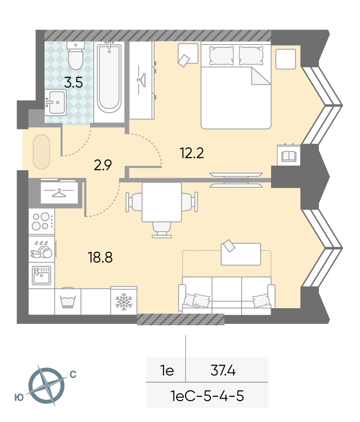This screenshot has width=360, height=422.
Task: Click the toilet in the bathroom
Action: click(75, 55)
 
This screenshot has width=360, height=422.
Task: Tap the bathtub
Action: click(109, 78)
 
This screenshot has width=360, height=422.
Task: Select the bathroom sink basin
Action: click(55, 102)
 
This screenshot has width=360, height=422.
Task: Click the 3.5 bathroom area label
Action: click(73, 83)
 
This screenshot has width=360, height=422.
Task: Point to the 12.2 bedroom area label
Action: click(192, 153)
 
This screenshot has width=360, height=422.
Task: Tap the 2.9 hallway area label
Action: click(103, 165)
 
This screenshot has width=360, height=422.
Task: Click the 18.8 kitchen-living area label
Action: click(100, 257)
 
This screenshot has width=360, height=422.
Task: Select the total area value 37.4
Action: click(223, 370)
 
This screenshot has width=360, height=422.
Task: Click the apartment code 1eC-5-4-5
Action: click(207, 396)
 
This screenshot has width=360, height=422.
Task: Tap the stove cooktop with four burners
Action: click(42, 221)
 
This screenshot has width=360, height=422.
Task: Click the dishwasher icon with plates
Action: click(41, 249)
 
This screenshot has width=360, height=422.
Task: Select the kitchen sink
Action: click(41, 275)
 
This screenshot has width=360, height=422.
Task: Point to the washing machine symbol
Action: click(68, 301)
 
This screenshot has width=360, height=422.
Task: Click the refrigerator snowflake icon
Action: click(124, 302)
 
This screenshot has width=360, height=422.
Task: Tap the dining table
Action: click(162, 202)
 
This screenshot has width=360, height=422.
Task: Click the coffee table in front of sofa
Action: click(241, 254)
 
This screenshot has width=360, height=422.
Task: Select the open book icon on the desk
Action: click(289, 156)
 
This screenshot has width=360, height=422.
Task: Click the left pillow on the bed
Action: click(222, 55)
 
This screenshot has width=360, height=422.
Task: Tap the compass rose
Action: click(46, 385)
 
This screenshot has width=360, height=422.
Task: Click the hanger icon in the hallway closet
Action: click(59, 193)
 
